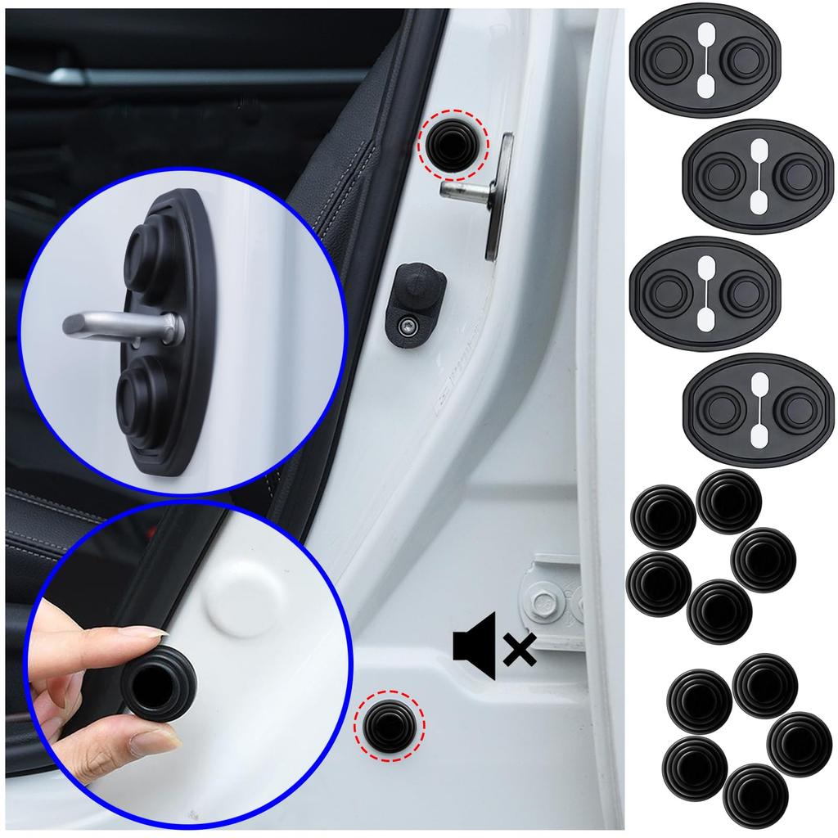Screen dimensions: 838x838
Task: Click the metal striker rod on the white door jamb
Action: [x=466, y=190]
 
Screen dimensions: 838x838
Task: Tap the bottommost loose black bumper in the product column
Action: [x=755, y=795]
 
